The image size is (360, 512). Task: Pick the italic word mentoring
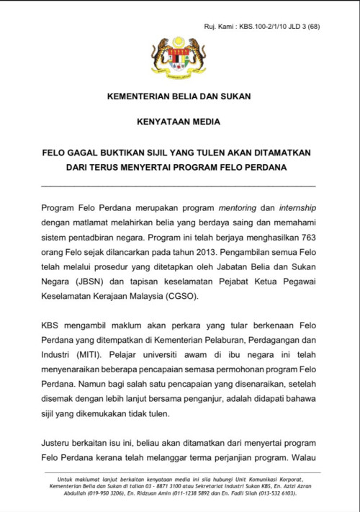pyautogui.click(x=248, y=207)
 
